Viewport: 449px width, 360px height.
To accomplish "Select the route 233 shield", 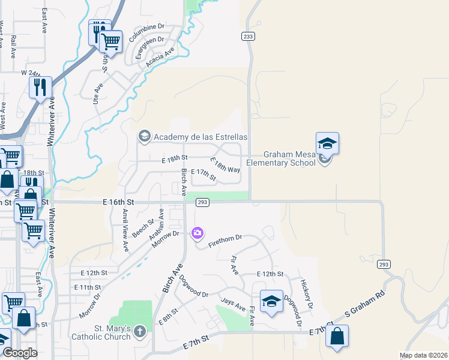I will pos(249,37).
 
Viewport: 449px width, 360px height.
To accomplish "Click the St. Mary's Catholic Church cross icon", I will pos(139,331).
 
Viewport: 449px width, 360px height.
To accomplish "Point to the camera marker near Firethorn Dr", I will pos(197,233).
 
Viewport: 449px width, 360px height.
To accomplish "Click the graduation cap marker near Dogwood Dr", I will pos(271,302).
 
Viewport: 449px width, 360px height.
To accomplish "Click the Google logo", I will pos(20,353).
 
